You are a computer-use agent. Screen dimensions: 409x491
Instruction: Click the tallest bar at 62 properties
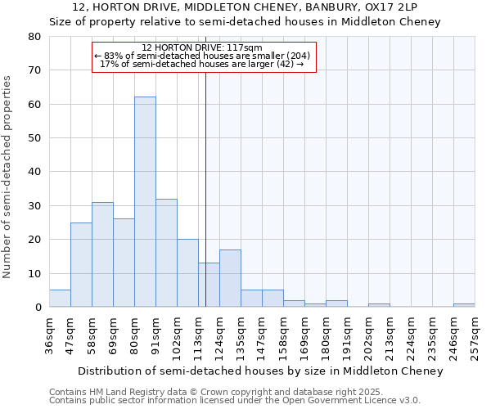(145, 202)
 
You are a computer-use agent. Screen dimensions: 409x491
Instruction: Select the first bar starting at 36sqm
(60, 299)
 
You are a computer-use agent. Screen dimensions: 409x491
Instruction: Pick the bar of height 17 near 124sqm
(230, 278)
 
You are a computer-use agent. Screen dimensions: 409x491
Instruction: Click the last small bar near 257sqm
(464, 305)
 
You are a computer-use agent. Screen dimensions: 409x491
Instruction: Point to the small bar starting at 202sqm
(379, 305)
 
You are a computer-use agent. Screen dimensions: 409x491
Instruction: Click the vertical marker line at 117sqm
(205, 164)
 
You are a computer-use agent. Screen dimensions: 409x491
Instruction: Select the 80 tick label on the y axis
(34, 37)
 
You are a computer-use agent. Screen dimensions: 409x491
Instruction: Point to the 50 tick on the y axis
(34, 138)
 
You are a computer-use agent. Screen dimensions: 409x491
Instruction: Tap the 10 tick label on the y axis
(34, 273)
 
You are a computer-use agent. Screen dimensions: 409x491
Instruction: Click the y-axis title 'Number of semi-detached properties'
(7, 176)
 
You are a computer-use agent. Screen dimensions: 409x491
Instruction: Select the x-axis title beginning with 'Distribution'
(261, 371)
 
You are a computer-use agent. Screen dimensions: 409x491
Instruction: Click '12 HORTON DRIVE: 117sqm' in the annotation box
(202, 47)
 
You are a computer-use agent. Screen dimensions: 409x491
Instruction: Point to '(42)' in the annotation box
(279, 64)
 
